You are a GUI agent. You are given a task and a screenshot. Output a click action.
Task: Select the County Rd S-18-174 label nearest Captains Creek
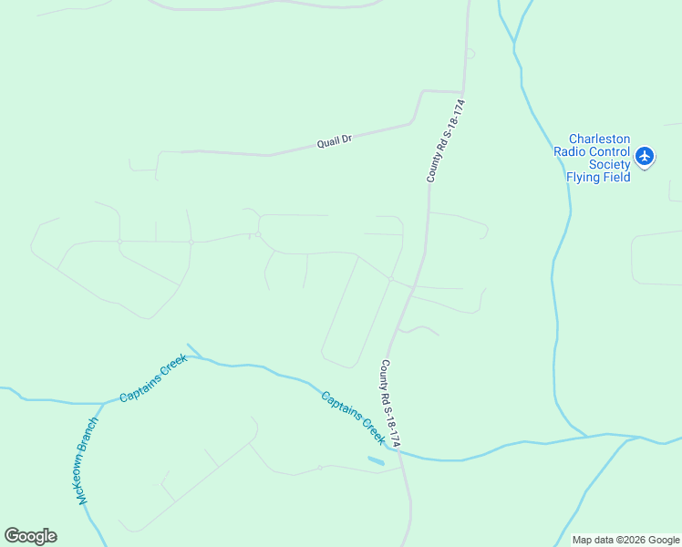[389, 403]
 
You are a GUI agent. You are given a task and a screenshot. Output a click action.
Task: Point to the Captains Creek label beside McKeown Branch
[153, 378]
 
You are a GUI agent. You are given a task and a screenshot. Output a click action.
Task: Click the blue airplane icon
[646, 157]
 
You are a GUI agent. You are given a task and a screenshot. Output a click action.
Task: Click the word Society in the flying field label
[609, 165]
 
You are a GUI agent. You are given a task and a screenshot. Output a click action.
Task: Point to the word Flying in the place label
[584, 178]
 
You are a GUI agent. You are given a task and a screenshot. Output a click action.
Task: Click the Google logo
[30, 536]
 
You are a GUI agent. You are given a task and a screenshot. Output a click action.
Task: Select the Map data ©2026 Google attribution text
[625, 540]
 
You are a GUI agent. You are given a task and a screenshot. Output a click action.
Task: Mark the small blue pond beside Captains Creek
[376, 461]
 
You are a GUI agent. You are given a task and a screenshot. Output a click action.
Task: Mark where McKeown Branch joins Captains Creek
[98, 403]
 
